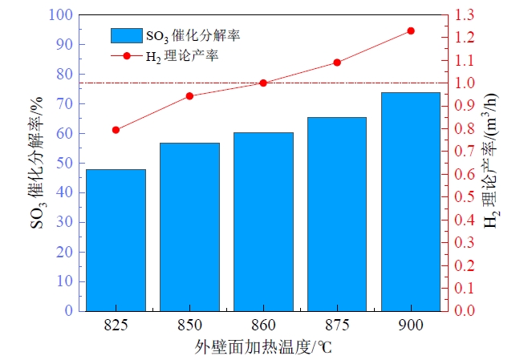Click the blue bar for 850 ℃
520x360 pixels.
click(x=189, y=226)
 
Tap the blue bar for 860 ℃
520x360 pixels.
click(x=263, y=220)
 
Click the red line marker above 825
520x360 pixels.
click(x=116, y=130)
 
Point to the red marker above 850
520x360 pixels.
click(x=189, y=96)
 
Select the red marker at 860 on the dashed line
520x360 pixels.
click(x=263, y=83)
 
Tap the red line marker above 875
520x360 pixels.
click(x=337, y=63)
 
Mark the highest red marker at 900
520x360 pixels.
click(x=411, y=30)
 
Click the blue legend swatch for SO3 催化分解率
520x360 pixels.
click(x=127, y=34)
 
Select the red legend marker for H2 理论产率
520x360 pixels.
click(x=127, y=56)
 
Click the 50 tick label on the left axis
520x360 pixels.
click(x=65, y=163)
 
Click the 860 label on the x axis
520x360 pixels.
click(x=263, y=326)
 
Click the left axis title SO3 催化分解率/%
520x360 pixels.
click(x=37, y=163)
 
